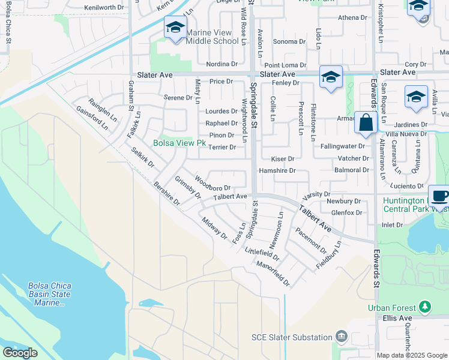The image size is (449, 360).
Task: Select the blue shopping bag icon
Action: click(365, 123)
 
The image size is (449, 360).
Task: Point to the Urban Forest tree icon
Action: click(426, 308)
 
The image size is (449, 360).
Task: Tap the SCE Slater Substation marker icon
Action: click(342, 337)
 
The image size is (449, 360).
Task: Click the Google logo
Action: click(20, 353)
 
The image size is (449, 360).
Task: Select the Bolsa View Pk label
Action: click(179, 143)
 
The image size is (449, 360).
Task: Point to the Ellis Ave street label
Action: click(397, 317)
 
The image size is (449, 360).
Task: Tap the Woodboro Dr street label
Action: click(212, 187)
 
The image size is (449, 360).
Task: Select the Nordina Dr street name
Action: click(221, 64)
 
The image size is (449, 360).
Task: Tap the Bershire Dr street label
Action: click(166, 194)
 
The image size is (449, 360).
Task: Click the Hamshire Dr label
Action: click(277, 170)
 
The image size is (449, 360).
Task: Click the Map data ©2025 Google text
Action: click(411, 355)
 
